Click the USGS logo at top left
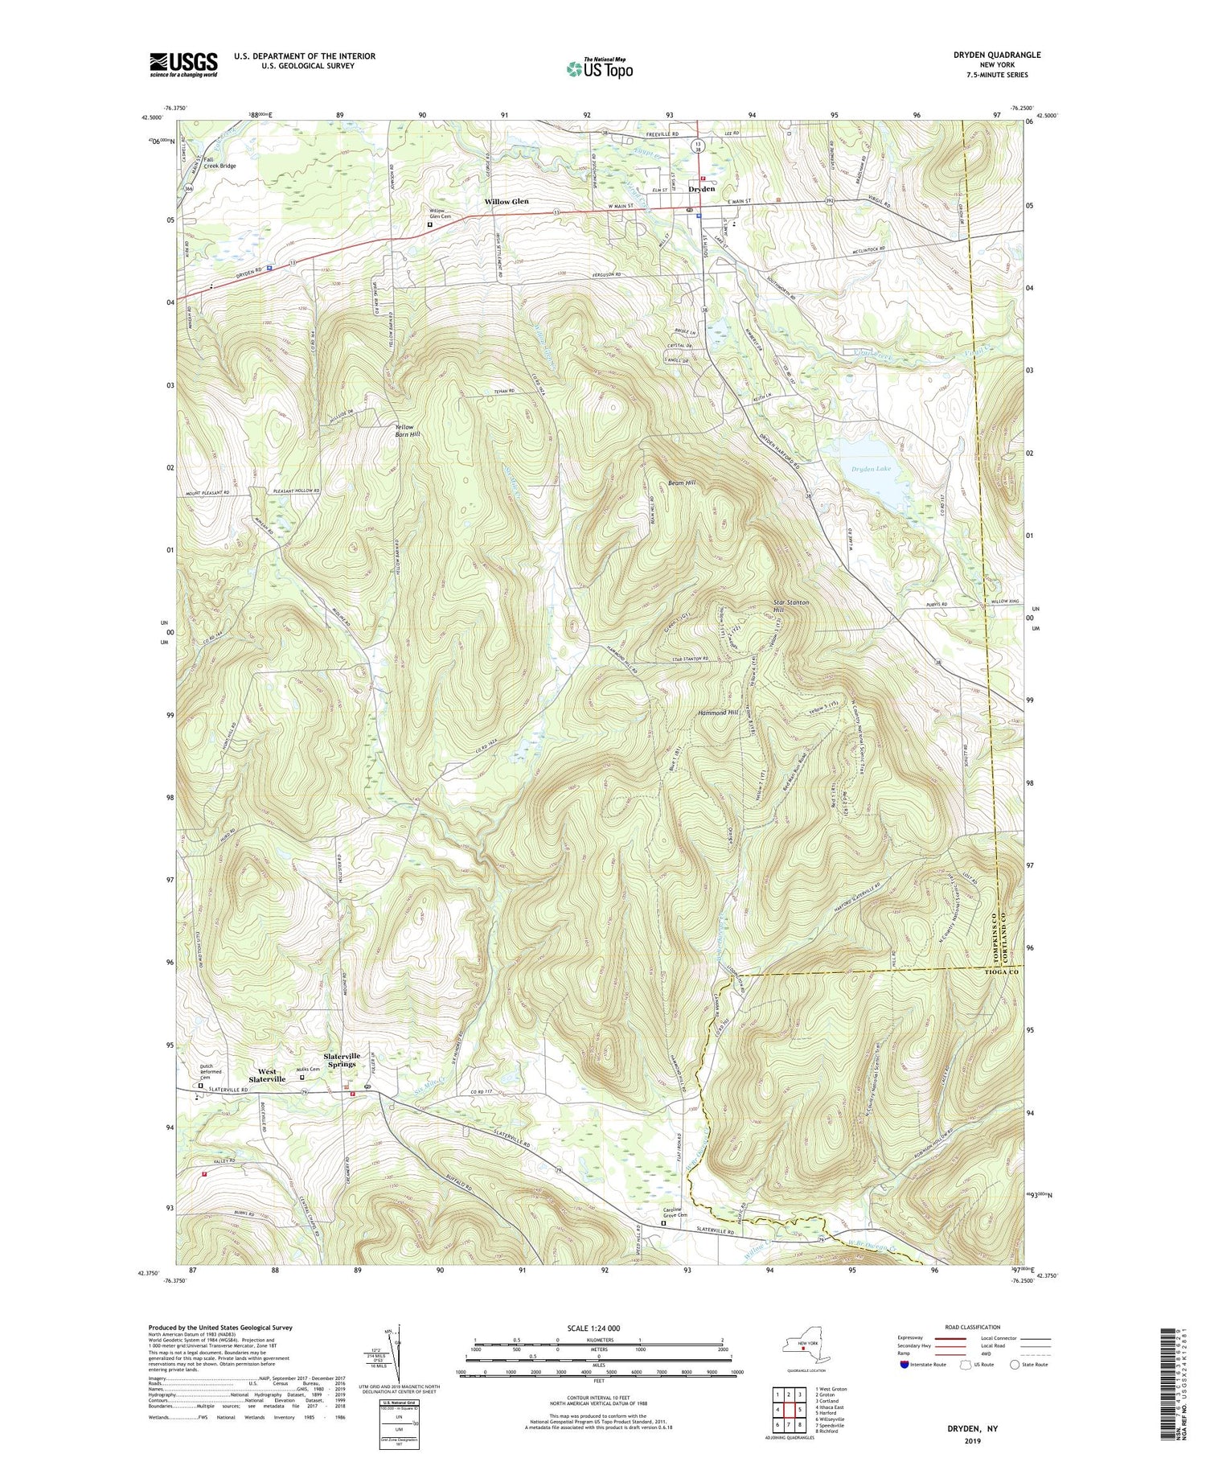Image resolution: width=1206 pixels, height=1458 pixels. click(183, 64)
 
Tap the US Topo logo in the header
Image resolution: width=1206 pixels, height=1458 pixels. click(599, 68)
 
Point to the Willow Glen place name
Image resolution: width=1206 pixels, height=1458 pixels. click(507, 201)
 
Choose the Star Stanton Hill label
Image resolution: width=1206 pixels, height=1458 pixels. click(790, 606)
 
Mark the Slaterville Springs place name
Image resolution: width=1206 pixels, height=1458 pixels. click(343, 1059)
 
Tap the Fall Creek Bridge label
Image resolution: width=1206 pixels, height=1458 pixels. click(219, 162)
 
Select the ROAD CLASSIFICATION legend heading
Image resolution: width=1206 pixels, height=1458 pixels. click(973, 1327)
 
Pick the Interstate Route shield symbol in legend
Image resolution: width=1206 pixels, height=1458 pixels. click(905, 1365)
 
